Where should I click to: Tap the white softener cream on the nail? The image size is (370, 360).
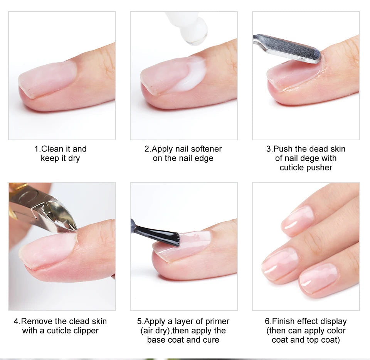(192, 75)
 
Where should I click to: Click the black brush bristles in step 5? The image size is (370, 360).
(162, 236)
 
